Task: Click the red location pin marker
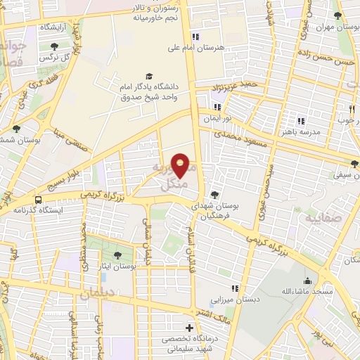point(181,165)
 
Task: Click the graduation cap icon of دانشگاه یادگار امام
point(149,76)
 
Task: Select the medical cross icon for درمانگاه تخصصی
point(188,328)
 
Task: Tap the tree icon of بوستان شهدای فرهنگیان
point(214,195)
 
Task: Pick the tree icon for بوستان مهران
point(338,15)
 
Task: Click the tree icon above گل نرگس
point(55,45)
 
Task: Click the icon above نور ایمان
point(218,108)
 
